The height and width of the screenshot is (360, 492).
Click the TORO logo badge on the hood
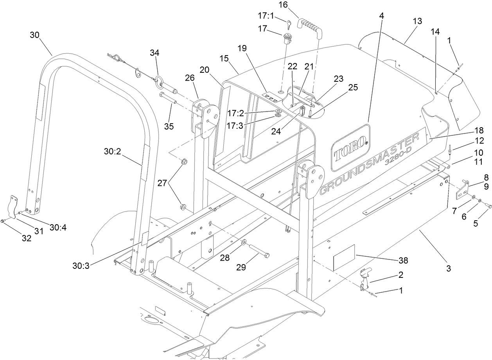350,148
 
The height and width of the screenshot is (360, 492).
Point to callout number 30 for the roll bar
35,35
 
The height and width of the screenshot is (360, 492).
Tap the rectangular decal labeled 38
343,257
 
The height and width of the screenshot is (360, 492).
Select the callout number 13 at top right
417,21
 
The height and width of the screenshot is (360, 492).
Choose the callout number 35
169,126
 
